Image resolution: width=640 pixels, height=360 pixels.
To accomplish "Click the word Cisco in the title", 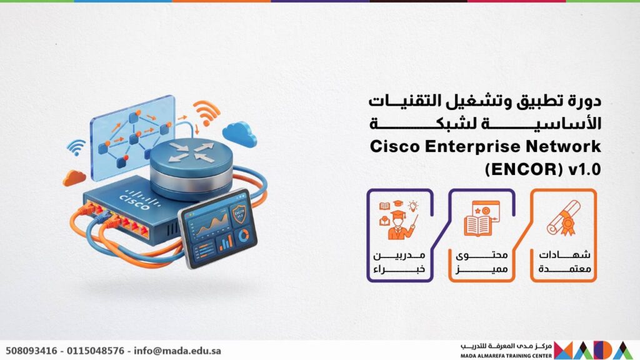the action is click(x=395, y=146).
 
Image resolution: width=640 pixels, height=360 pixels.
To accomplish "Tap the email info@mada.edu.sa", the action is click(x=177, y=351).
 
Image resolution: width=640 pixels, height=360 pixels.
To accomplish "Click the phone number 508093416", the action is click(x=31, y=351).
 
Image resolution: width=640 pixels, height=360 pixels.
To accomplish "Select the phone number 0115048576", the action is click(x=96, y=351).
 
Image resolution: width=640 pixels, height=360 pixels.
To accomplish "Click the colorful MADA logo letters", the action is click(x=594, y=350).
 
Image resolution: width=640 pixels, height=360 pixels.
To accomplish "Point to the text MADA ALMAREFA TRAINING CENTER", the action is click(x=506, y=356).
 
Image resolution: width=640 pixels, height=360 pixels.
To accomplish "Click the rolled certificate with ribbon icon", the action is click(x=564, y=218).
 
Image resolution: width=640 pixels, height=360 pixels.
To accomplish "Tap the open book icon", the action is click(x=477, y=225).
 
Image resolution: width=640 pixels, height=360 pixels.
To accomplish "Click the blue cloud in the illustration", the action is click(x=239, y=134).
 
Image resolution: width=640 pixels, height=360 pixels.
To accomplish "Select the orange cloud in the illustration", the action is click(x=74, y=178).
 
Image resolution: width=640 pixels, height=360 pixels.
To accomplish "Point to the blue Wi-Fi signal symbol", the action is click(x=76, y=147).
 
